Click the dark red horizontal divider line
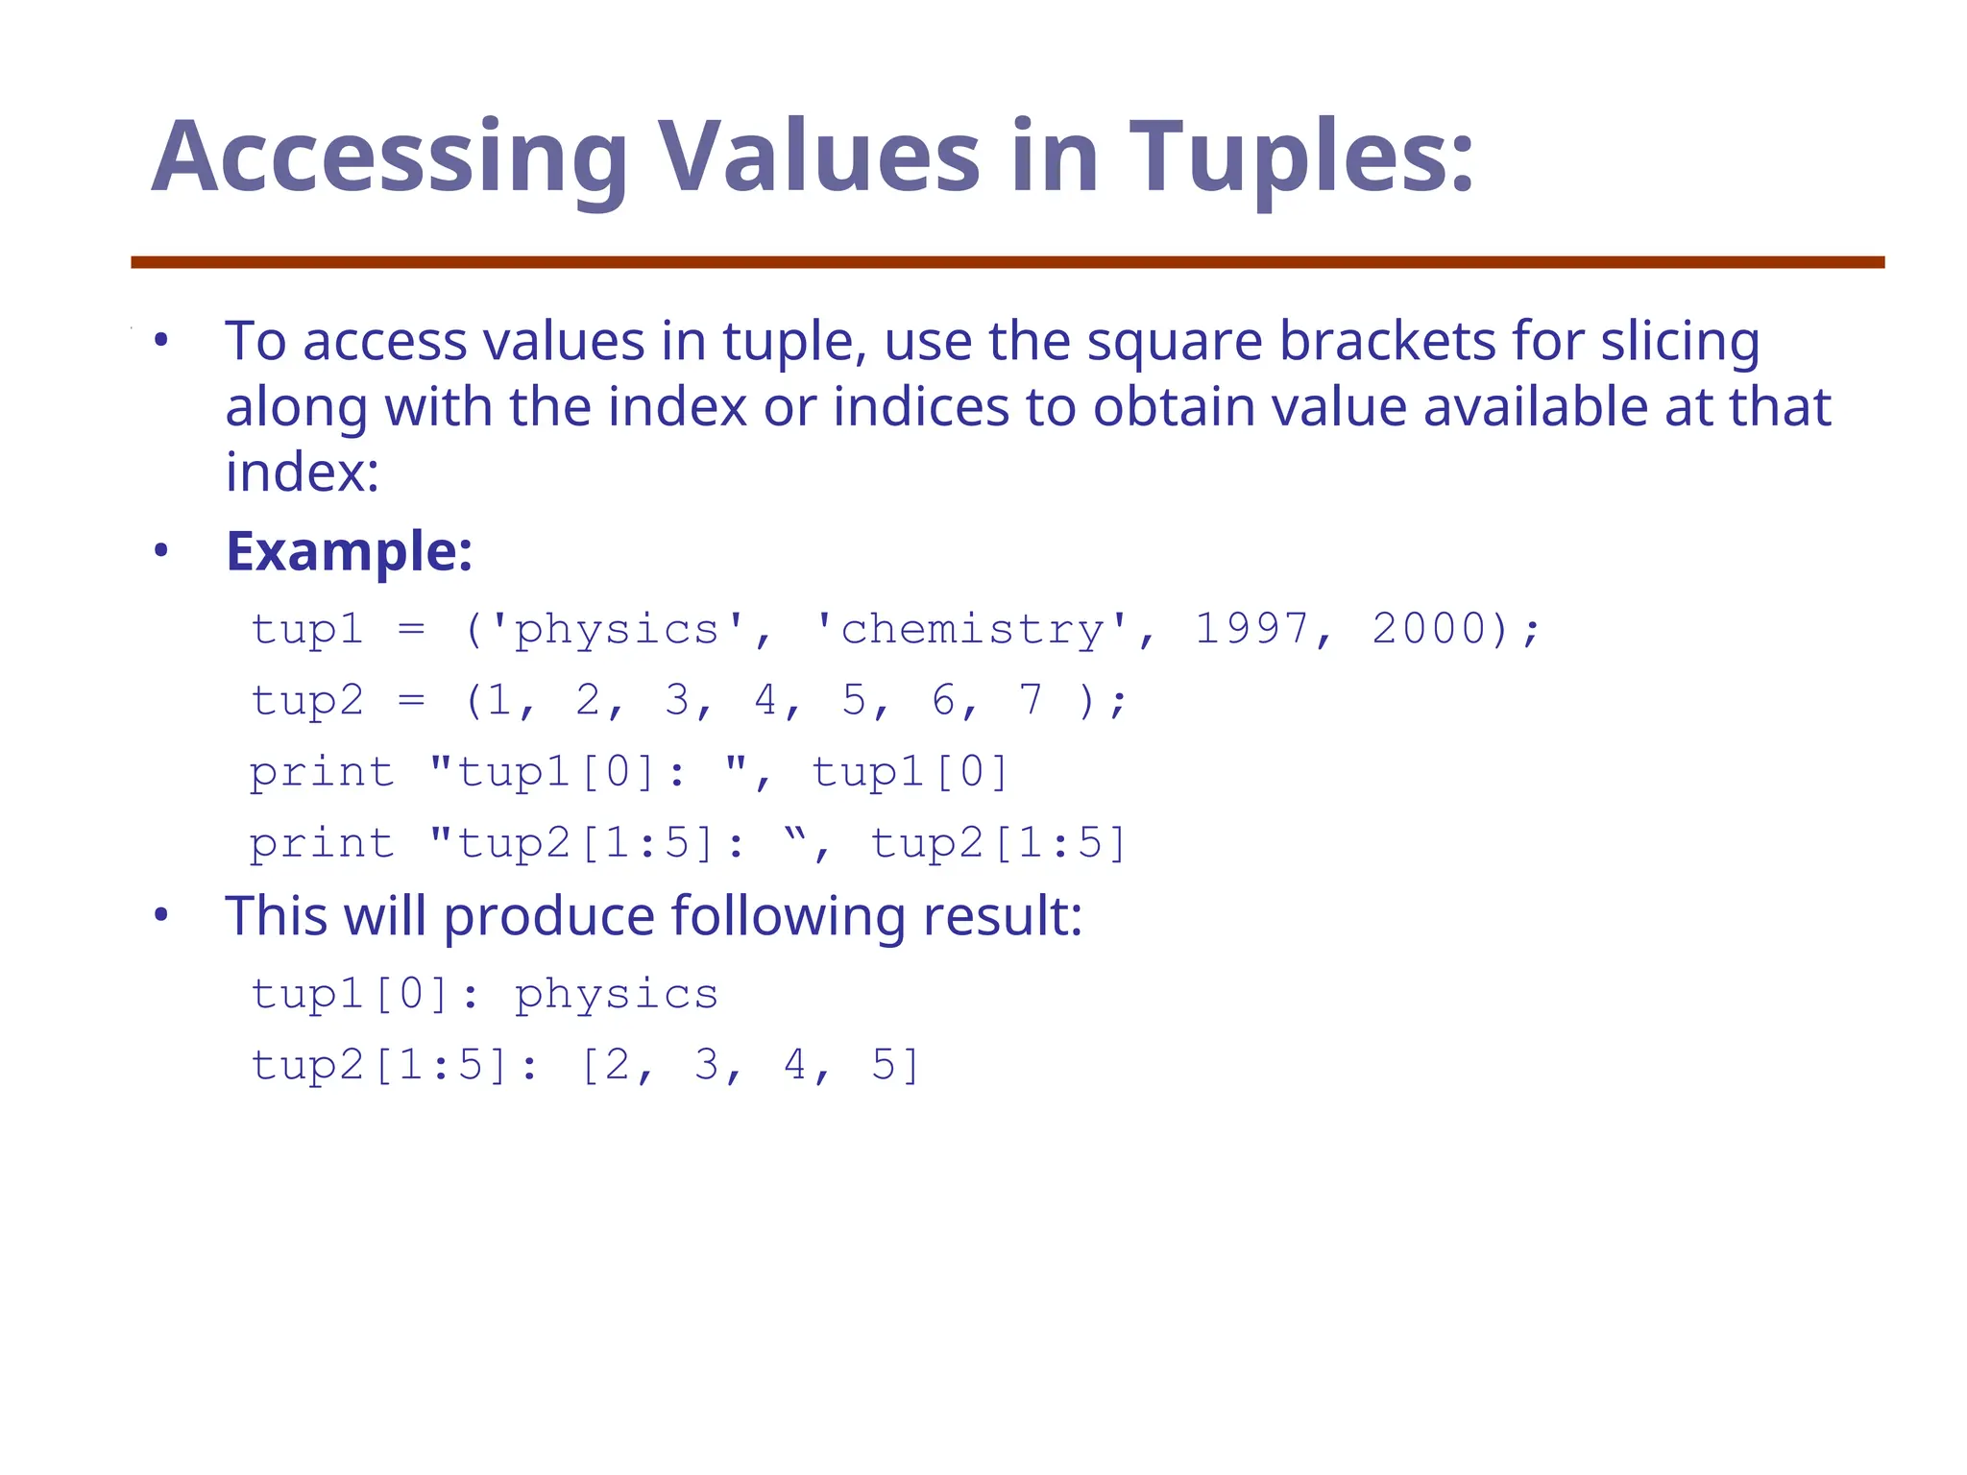click(x=1007, y=262)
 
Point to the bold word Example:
click(x=349, y=552)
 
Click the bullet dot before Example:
click(x=161, y=551)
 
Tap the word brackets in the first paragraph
click(x=1387, y=341)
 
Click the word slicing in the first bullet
click(x=1679, y=343)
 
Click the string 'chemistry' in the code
click(x=973, y=631)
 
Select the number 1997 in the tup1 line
click(x=1251, y=629)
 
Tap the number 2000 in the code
click(x=1429, y=629)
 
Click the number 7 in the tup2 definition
click(x=1031, y=700)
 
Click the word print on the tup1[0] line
click(x=322, y=773)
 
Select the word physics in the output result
click(x=616, y=995)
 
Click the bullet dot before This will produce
click(x=161, y=915)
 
